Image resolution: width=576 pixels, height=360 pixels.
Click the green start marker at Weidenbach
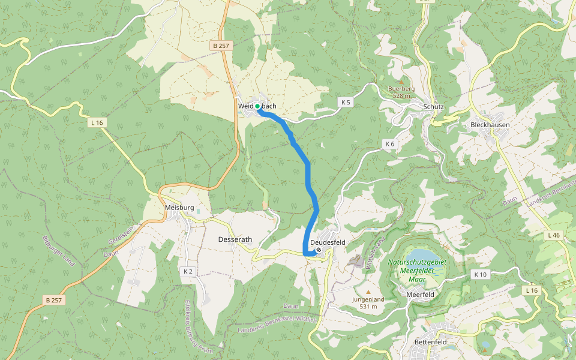(x=257, y=106)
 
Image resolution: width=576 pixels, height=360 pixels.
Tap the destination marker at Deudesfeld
(x=319, y=250)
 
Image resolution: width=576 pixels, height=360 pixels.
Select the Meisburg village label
(x=179, y=208)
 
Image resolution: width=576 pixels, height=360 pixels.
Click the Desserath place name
(x=235, y=239)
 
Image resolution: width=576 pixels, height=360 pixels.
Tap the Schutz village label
(x=433, y=107)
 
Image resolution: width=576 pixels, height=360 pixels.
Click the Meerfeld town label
(x=420, y=295)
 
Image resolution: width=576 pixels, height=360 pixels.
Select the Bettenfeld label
(x=431, y=342)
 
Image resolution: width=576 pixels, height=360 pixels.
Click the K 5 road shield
(x=346, y=102)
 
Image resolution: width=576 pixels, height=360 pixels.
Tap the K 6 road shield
(x=390, y=144)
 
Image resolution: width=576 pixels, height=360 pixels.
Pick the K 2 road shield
(x=188, y=272)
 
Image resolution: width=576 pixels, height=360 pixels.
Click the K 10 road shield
(x=480, y=274)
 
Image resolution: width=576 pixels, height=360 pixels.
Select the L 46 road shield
(x=553, y=236)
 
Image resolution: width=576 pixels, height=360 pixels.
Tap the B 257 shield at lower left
(x=54, y=299)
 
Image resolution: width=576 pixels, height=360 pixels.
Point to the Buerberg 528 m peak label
(x=401, y=92)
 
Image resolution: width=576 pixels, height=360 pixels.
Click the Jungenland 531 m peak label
(x=368, y=302)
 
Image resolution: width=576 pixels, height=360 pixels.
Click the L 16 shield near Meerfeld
(x=532, y=290)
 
